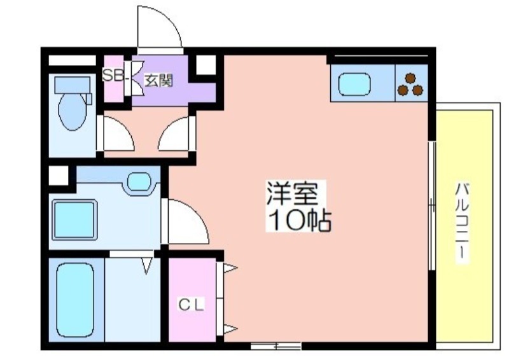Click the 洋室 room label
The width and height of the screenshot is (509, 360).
[x=291, y=194]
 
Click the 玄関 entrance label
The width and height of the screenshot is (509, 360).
[x=158, y=81]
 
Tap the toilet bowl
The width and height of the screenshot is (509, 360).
[x=73, y=111]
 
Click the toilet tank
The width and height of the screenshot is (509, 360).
[x=72, y=85]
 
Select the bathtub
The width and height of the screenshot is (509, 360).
[x=75, y=300]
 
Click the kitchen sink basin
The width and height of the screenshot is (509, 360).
[x=354, y=84]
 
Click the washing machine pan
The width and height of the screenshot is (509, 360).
[x=74, y=220]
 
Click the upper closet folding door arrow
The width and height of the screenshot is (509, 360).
[x=230, y=268]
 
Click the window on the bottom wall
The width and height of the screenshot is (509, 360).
[x=276, y=346]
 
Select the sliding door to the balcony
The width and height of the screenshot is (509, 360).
[x=432, y=205]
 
